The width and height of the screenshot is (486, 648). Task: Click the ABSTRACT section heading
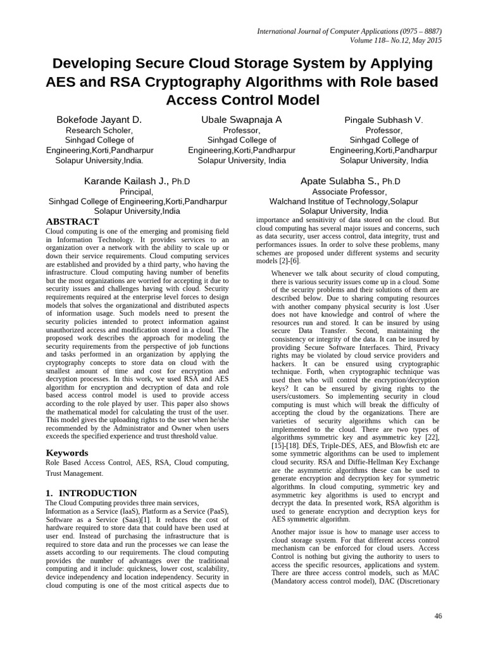pos(72,221)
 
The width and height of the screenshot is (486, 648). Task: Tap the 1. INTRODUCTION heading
pos(91,493)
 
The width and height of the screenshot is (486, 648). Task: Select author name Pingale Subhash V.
pos(383,120)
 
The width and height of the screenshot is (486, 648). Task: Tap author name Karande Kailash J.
pos(126,181)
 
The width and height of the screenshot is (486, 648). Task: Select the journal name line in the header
pos(349,31)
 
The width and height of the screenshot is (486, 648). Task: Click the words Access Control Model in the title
pos(243,100)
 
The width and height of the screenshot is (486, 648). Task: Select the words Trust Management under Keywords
pos(74,473)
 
